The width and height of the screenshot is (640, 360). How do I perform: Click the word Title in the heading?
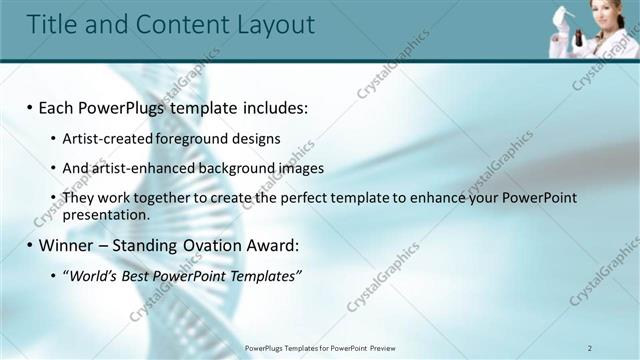click(x=51, y=24)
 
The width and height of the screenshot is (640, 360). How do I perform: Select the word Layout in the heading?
click(x=269, y=24)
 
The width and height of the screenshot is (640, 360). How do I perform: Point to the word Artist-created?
click(x=101, y=138)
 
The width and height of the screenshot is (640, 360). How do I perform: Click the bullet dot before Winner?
click(x=29, y=245)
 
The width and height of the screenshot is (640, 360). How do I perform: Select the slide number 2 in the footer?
click(x=590, y=347)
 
